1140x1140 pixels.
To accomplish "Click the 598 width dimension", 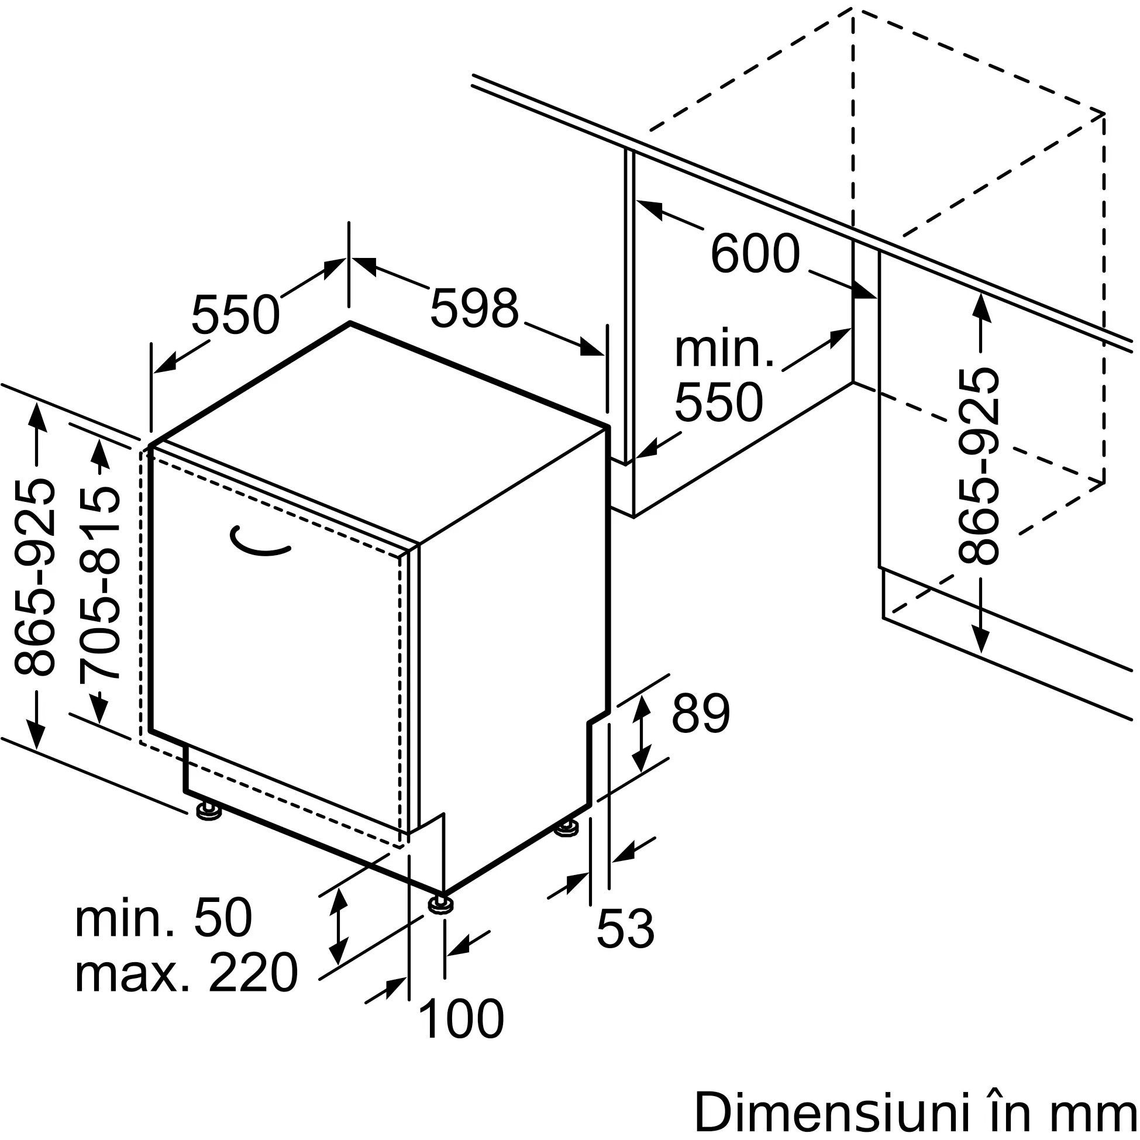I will pyautogui.click(x=474, y=308).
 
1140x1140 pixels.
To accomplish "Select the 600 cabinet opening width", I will pyautogui.click(x=755, y=254).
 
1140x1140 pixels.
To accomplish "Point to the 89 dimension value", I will pyautogui.click(x=700, y=714).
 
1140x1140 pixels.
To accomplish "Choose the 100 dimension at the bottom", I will pyautogui.click(x=461, y=1018).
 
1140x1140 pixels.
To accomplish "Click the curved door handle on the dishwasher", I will pyautogui.click(x=260, y=542).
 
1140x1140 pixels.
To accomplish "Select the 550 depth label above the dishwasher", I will pyautogui.click(x=235, y=315).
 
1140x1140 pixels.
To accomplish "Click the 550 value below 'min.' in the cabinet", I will pyautogui.click(x=718, y=403).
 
